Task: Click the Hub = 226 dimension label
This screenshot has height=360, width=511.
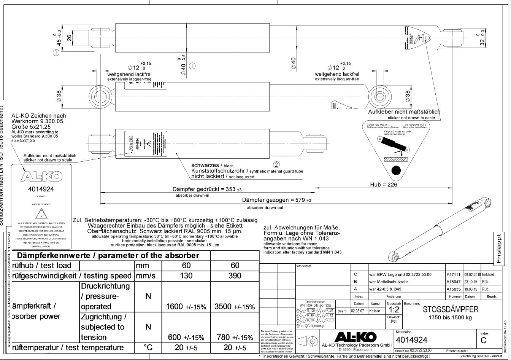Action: pos(383,185)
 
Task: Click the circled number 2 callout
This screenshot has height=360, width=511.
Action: pos(276,164)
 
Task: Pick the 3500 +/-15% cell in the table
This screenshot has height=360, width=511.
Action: pos(235,307)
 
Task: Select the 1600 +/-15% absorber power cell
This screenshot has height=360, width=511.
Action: pos(186,307)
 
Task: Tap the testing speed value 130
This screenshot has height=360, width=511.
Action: pos(186,276)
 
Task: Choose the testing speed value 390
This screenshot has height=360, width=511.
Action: pos(235,276)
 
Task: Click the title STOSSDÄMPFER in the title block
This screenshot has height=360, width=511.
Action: pos(450,310)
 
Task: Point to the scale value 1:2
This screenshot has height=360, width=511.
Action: pos(394,310)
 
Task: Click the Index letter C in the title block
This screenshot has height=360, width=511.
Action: pos(483,340)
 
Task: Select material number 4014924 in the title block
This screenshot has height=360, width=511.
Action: pos(411,340)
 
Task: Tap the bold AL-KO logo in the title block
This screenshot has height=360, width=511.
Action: pos(355,336)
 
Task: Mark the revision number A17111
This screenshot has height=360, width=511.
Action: pos(453,274)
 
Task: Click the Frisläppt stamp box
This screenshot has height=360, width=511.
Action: pos(499,248)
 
